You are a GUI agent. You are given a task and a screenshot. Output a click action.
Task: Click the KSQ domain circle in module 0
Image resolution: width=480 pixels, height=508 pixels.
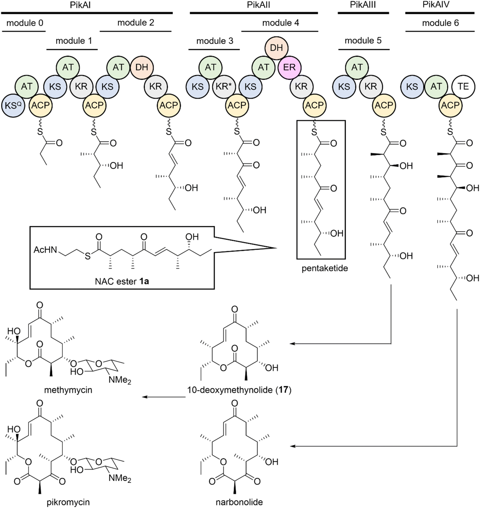click(x=13, y=105)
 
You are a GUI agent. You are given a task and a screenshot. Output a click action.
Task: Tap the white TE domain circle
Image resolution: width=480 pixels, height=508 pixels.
click(x=463, y=86)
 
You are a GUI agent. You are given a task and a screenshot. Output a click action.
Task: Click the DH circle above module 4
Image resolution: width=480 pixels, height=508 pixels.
click(x=276, y=48)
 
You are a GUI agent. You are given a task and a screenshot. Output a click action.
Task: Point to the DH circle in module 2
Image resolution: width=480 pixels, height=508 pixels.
click(x=142, y=68)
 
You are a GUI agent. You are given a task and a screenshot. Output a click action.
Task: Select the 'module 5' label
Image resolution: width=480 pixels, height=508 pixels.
click(x=363, y=41)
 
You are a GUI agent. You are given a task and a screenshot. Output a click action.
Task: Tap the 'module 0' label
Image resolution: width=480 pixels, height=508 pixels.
click(x=25, y=23)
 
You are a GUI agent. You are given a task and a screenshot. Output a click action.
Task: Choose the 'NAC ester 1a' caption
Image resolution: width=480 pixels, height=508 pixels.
click(x=122, y=282)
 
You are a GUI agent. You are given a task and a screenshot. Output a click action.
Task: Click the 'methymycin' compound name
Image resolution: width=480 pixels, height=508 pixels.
click(x=68, y=390)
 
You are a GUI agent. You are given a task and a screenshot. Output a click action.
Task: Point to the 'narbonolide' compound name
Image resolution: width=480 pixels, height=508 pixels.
click(x=239, y=502)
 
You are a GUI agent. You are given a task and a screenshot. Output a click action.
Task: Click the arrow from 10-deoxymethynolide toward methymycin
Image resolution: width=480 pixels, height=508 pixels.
click(x=164, y=397)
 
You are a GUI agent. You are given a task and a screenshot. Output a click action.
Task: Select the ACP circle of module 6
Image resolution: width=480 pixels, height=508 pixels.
click(x=450, y=105)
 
